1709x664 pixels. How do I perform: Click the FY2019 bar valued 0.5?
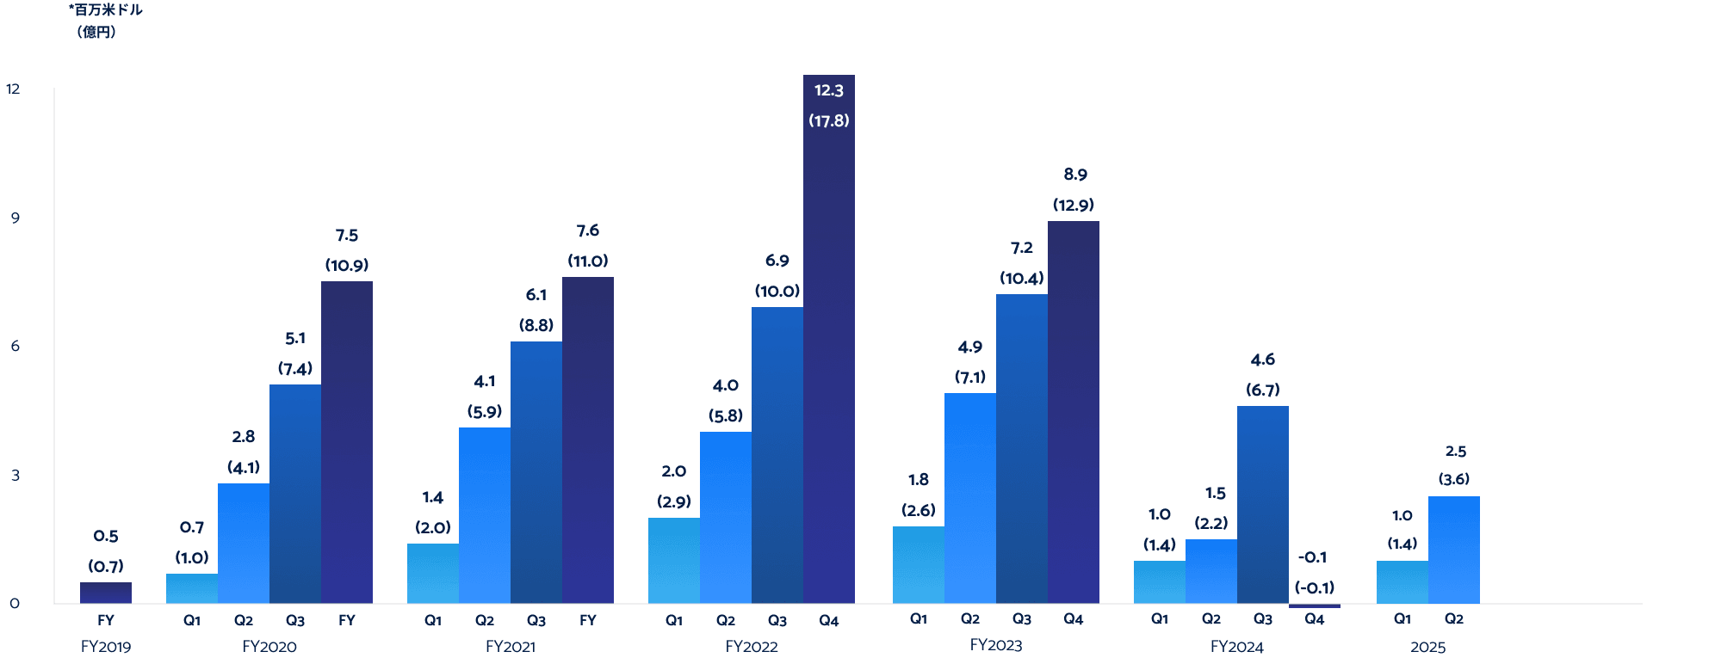[106, 593]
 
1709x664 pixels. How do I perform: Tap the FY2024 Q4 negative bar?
[1314, 606]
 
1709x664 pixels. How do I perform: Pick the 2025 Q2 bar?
[1453, 550]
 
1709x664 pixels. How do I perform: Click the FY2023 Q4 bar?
[1073, 413]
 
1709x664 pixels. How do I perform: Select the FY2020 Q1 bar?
[192, 588]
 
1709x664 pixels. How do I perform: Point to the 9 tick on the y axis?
[15, 218]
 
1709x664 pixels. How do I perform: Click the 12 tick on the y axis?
[13, 89]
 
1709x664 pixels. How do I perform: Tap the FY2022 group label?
[751, 647]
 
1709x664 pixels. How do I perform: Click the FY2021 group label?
[511, 647]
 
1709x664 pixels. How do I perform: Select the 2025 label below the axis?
[1427, 647]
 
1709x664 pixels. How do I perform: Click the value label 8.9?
[1074, 175]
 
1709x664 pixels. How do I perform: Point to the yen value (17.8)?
[828, 121]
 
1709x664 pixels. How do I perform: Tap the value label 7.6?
[587, 231]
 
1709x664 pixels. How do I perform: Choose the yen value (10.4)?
[1021, 278]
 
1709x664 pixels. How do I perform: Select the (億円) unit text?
[96, 32]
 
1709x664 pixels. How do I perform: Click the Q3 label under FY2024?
[1262, 619]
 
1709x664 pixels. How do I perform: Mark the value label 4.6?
[1262, 360]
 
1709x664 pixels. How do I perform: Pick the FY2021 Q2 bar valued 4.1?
[484, 516]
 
